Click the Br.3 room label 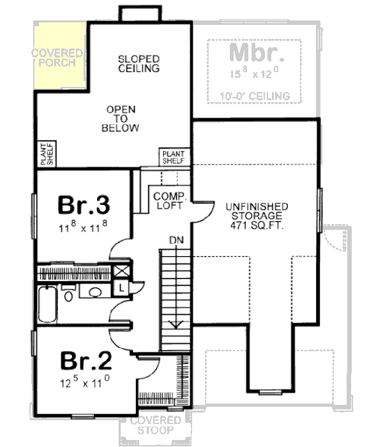tap(85, 206)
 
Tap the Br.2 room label tap(86, 362)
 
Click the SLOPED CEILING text tap(139, 64)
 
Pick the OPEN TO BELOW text tap(121, 119)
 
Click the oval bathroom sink tap(96, 292)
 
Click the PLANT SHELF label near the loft tap(172, 157)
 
